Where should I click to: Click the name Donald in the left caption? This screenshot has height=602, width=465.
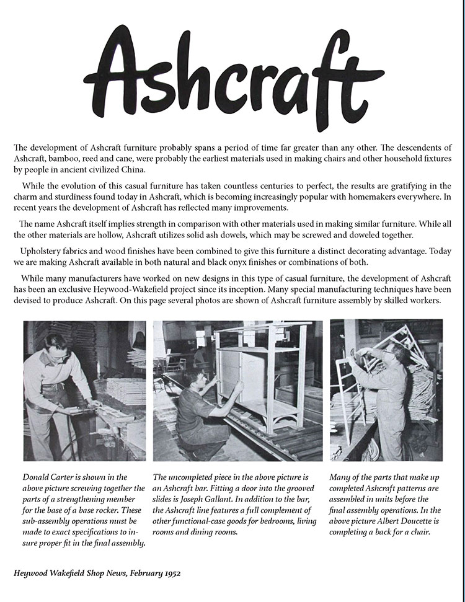[x=37, y=477]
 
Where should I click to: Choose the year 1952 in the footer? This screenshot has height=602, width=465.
[x=169, y=574]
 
